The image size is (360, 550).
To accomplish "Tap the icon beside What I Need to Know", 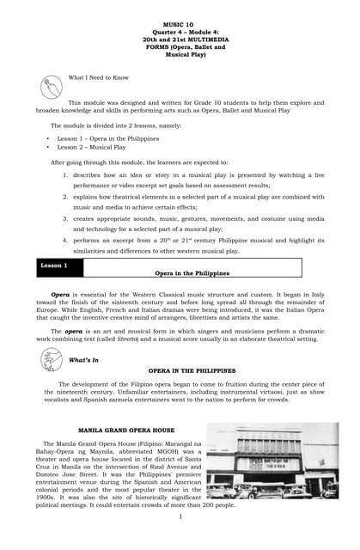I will click(x=51, y=87).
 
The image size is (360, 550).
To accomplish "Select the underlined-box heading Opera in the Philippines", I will click(x=192, y=272).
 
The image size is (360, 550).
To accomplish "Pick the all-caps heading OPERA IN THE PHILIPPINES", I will click(x=192, y=370).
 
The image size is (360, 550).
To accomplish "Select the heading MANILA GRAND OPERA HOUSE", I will click(x=126, y=429).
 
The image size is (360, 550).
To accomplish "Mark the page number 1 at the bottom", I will click(x=180, y=516).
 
